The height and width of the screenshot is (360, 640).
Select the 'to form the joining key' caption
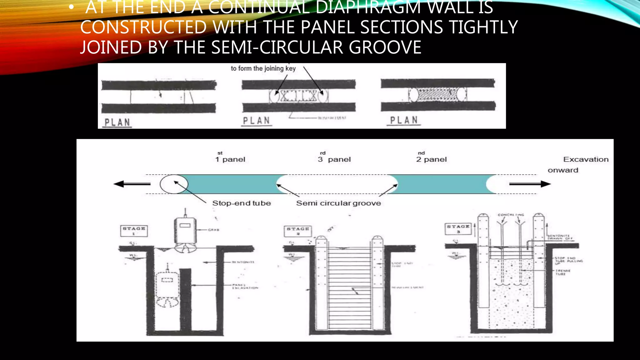[263, 68]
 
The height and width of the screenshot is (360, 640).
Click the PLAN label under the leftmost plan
[117, 122]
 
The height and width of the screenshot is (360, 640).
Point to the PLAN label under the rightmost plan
[404, 120]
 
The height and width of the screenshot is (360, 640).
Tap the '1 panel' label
[230, 159]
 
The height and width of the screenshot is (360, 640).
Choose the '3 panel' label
[334, 159]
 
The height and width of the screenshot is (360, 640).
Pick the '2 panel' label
[432, 159]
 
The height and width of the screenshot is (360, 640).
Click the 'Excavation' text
[586, 159]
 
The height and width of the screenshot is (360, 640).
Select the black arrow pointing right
[530, 184]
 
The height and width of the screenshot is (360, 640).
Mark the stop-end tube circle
[174, 184]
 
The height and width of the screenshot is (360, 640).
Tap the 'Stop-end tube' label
[242, 203]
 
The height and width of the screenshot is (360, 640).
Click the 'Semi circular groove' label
[338, 203]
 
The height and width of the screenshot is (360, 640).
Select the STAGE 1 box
[134, 231]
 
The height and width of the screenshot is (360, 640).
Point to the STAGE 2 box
[298, 231]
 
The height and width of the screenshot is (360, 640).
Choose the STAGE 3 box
[458, 228]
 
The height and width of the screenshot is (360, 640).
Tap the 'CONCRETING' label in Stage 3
[511, 215]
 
